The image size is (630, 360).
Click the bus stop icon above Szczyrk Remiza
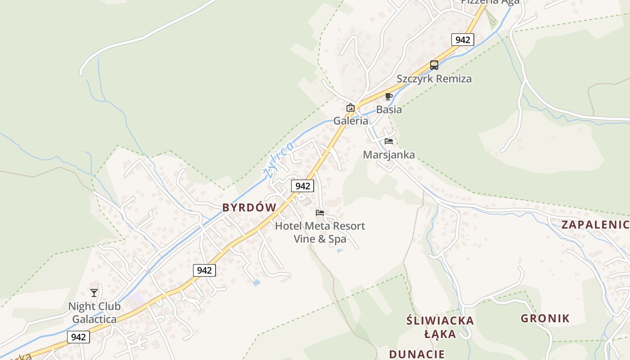coord(434,65)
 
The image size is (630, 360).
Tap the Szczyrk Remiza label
coord(434,79)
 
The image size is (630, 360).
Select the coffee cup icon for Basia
coord(389,96)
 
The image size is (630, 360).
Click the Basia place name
coord(389,109)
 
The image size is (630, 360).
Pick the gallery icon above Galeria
coord(350,108)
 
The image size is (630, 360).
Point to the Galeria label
coord(351,121)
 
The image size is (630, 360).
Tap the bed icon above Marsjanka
coord(389,141)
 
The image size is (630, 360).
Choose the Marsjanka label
coord(389,155)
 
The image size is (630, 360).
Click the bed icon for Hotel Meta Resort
coord(320,212)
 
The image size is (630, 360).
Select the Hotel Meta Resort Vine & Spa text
coord(320,232)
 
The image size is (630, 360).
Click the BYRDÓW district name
coord(249,207)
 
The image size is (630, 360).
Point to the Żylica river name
coord(278,159)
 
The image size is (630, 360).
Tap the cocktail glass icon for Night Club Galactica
coord(94,293)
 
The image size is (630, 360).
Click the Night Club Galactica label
coord(94,313)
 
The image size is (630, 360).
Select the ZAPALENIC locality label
coord(595,225)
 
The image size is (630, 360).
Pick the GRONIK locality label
coord(545,319)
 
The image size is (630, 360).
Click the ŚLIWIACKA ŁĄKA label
coord(440,327)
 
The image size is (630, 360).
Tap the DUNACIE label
coord(417,354)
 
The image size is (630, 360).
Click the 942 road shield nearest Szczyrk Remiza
coord(463,40)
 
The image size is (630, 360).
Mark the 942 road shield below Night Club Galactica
coord(78,337)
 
